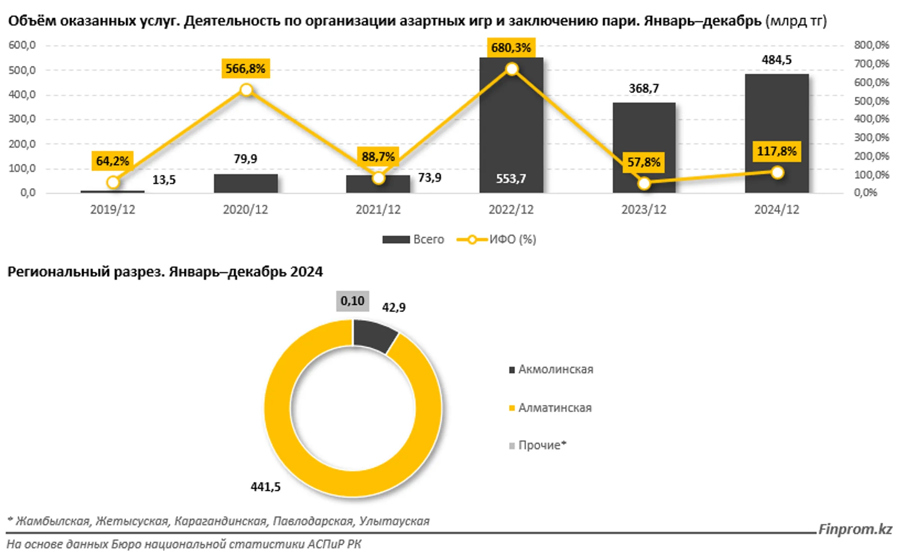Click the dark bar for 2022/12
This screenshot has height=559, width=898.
point(511,125)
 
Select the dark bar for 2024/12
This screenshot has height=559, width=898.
point(777,125)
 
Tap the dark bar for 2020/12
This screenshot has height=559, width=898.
point(246,183)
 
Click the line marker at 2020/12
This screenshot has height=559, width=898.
point(247,90)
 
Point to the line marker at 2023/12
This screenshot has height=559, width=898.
point(644,183)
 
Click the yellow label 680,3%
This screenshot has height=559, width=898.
point(511,48)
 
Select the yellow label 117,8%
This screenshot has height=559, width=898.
point(777,151)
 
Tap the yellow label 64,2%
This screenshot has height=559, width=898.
point(112,161)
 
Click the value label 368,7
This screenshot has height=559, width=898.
point(644,88)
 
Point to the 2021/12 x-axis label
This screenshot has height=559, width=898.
point(378,210)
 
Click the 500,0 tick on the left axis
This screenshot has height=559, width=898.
point(22,70)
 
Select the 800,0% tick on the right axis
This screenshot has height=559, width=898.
point(871,45)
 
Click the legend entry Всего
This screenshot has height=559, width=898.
point(413,240)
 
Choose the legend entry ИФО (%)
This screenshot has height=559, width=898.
point(496,240)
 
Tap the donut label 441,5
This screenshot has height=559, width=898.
point(265,487)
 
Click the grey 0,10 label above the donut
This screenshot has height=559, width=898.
point(353,301)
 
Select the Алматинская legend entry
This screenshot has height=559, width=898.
point(550,408)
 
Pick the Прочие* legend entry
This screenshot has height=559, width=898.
point(538,445)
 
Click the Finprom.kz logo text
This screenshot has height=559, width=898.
point(855,529)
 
